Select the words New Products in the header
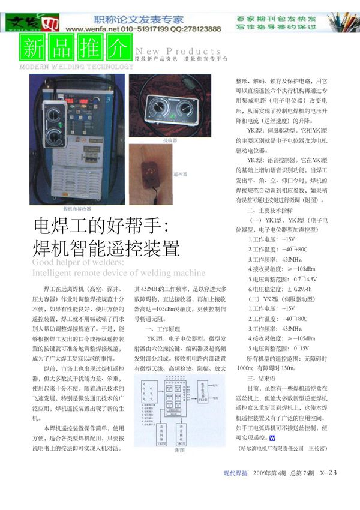coord(178,52)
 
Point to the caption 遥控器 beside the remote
coord(180,175)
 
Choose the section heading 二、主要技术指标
coord(270,211)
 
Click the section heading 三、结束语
coord(259,379)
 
